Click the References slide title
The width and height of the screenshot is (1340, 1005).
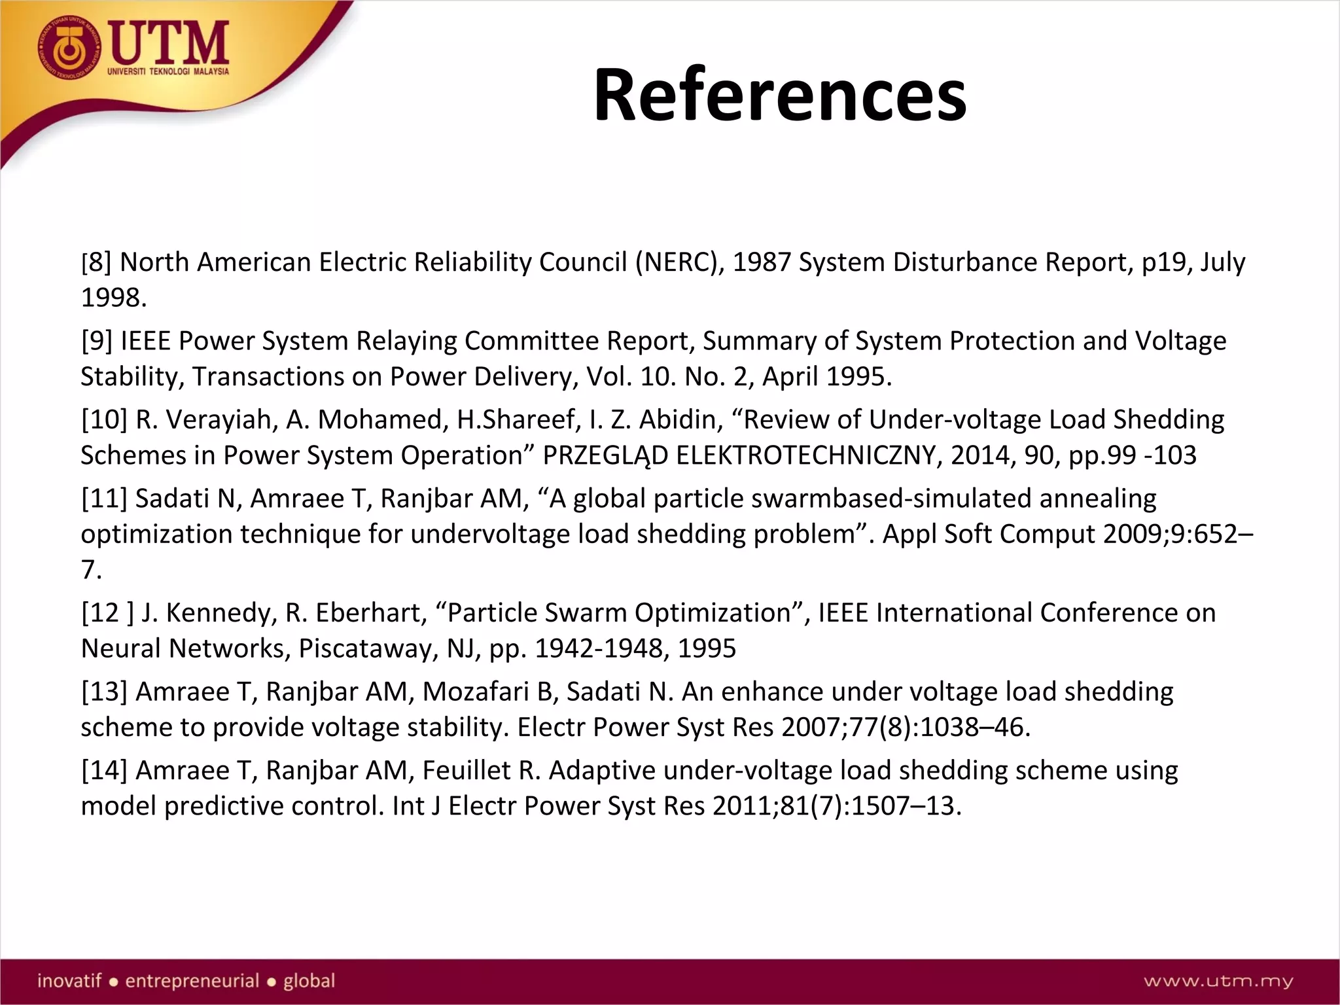pyautogui.click(x=779, y=95)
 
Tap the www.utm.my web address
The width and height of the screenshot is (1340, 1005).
pyautogui.click(x=1218, y=981)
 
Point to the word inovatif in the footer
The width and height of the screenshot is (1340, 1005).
pyautogui.click(x=69, y=981)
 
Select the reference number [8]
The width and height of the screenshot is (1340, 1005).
pyautogui.click(x=96, y=262)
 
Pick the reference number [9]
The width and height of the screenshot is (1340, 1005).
pyautogui.click(x=97, y=341)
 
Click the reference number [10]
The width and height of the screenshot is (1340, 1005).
pyautogui.click(x=104, y=419)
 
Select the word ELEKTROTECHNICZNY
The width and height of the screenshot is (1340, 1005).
pyautogui.click(x=805, y=455)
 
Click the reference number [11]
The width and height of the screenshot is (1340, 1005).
pyautogui.click(x=104, y=499)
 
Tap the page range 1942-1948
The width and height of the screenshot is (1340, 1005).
pyautogui.click(x=601, y=648)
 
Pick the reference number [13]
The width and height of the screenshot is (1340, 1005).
pyautogui.click(x=104, y=692)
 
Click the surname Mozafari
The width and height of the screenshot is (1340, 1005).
pyautogui.click(x=467, y=692)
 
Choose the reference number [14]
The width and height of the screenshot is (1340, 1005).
pyautogui.click(x=104, y=771)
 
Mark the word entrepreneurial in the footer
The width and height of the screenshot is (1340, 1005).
pyautogui.click(x=192, y=981)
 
